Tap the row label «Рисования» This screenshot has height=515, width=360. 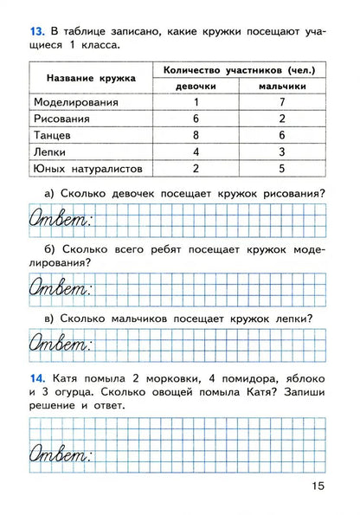[x=62, y=119]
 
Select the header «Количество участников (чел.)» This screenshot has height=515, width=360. [x=240, y=69]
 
